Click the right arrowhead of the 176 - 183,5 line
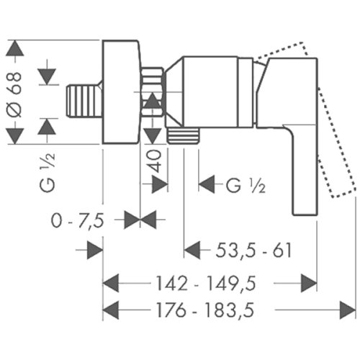click(348, 310)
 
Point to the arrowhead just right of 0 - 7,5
click(131, 220)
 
